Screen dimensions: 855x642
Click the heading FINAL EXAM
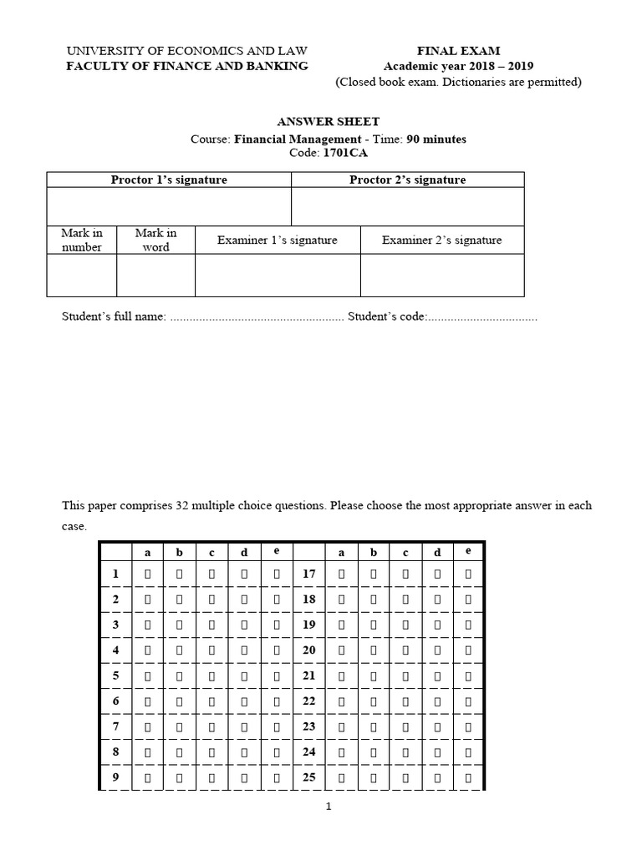click(x=458, y=51)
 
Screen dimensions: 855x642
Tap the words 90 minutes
click(x=436, y=139)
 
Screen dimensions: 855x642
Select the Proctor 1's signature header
click(x=169, y=180)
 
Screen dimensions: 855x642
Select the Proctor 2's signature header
click(x=407, y=180)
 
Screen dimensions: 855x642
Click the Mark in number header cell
click(x=82, y=240)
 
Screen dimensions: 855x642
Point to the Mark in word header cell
click(x=155, y=240)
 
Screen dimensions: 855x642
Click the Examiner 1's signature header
click(x=278, y=240)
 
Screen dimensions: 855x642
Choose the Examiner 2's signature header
click(x=442, y=240)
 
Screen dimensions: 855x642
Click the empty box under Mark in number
click(x=82, y=276)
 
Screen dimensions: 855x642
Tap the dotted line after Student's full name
click(x=256, y=317)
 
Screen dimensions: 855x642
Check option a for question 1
click(x=148, y=574)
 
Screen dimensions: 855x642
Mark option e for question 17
click(x=468, y=574)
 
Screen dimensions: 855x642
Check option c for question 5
click(x=211, y=675)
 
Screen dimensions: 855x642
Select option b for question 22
click(x=373, y=701)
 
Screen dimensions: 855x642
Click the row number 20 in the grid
click(x=308, y=650)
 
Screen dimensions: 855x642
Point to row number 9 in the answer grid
click(x=116, y=777)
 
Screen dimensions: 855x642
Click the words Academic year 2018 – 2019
click(x=458, y=66)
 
